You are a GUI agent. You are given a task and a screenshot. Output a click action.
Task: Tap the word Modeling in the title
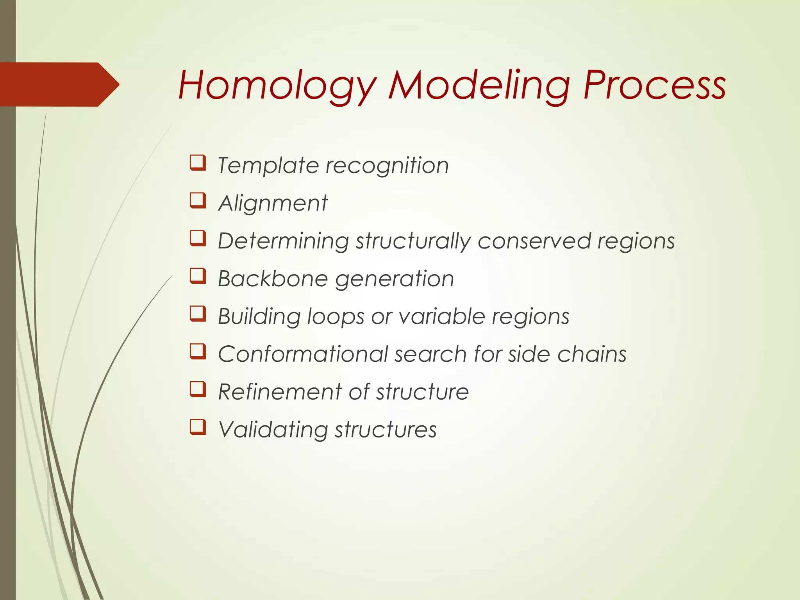point(479,85)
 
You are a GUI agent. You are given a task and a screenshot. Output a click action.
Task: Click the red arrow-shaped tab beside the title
point(59,84)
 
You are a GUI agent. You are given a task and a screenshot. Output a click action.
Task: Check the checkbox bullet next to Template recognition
point(198,162)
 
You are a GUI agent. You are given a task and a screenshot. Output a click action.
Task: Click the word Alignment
point(273,203)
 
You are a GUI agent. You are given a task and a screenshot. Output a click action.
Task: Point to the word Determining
point(283,241)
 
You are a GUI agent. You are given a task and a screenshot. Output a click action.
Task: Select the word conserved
point(534,241)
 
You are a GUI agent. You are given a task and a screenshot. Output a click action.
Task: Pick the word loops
point(336,316)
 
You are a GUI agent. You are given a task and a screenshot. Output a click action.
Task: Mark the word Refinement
point(280,391)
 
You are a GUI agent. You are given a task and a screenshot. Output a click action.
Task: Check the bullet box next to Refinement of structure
point(198,389)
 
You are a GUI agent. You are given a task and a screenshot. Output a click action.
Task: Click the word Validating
point(273,430)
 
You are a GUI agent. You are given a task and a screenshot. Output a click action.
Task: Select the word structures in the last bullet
point(385,430)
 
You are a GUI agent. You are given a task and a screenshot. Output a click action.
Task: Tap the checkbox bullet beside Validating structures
point(198,427)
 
